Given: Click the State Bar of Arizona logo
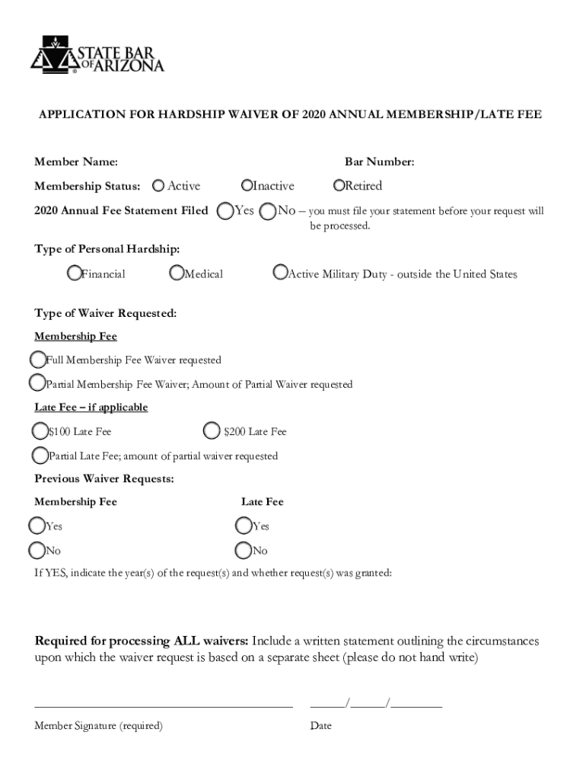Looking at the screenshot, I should pos(97,55).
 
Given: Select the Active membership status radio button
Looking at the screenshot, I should pos(158,185).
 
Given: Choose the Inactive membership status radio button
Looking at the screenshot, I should pos(247,185).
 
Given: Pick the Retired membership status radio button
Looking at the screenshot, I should pos(339,185).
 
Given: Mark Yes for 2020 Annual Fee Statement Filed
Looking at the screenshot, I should pos(225,210).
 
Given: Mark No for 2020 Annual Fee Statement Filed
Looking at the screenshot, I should pos(268,211).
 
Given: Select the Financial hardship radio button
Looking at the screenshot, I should pos(75,273).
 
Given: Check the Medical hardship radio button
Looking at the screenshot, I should pos(177,273).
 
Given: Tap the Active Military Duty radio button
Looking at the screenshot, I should pos(281,273).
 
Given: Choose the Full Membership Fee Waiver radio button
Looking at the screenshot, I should pos(38,359).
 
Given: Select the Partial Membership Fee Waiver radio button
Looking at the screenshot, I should pos(37,383).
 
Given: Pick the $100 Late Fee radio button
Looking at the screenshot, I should pos(40,431).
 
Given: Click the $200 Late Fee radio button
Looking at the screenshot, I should pos(212,431).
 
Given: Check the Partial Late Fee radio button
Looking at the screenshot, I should pos(40,456).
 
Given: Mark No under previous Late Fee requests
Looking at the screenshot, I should pos(244,550).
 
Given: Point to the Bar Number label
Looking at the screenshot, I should pos(379,161).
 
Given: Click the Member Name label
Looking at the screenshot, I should pos(76,161).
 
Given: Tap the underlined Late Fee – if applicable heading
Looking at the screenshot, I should pos(91,408).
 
